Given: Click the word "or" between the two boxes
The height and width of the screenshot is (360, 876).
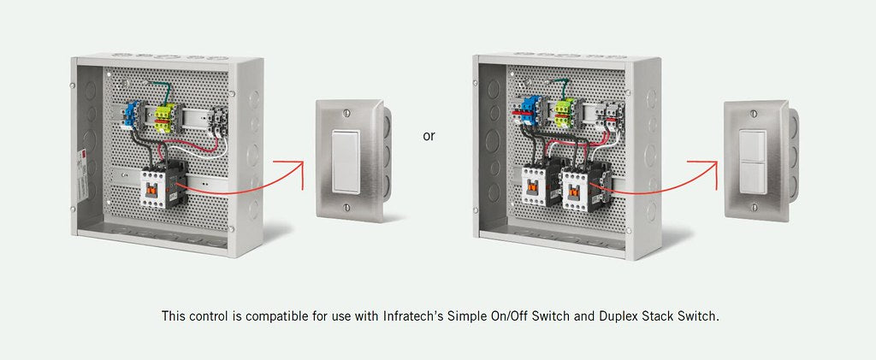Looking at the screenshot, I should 429,136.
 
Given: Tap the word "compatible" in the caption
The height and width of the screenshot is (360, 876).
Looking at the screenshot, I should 264,316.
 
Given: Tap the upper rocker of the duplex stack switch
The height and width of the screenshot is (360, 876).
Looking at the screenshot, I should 754,145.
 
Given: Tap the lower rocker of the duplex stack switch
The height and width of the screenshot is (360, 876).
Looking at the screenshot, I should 754,177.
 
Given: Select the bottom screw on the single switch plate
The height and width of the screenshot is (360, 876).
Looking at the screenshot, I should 346,206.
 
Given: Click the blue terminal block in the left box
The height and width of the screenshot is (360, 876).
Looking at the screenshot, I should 134,115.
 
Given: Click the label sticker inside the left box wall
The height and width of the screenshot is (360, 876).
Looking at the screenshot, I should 83,165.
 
